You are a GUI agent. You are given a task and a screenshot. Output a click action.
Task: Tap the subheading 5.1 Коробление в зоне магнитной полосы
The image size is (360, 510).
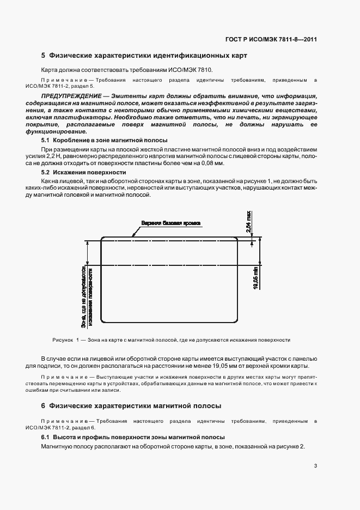tap(93, 141)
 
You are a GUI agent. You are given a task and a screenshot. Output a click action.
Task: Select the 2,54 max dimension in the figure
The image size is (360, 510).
tap(248, 222)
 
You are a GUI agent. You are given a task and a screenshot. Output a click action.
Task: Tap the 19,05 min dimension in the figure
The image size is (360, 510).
tap(256, 278)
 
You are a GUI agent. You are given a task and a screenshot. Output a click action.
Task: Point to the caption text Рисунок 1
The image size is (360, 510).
tap(66, 340)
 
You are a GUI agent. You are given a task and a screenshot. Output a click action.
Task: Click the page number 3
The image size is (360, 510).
tap(315, 465)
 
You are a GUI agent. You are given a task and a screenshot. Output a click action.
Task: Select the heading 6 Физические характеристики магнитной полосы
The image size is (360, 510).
tap(131, 406)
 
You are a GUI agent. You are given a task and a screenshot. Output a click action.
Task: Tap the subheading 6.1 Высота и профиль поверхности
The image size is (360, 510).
tap(125, 438)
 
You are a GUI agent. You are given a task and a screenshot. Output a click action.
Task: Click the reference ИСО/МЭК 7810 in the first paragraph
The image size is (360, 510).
tap(194, 70)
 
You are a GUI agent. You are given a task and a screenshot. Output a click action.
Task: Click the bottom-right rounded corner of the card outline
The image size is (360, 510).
tap(235, 321)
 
